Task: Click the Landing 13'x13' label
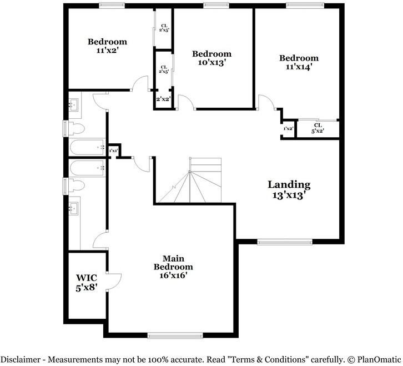pos(289,190)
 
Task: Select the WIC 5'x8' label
pos(87,282)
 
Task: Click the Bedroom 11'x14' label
pos(299,62)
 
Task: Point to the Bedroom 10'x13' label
pos(211,58)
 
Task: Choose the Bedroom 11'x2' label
pos(107,46)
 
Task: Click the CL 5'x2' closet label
pos(318,128)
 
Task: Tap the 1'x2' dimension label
pos(288,129)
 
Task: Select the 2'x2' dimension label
pos(163,99)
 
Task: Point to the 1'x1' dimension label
pos(114,151)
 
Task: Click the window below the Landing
pos(284,242)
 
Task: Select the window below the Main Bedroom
pos(174,335)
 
